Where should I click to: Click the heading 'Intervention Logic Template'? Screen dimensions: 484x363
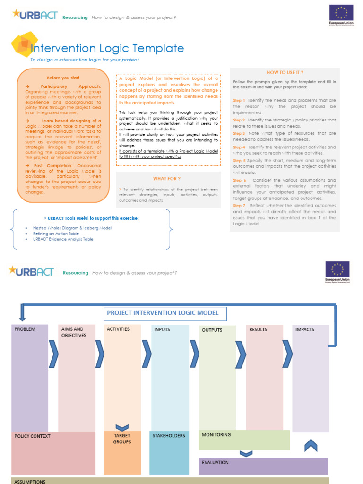[107, 48]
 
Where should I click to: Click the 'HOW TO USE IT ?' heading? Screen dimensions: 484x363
[285, 72]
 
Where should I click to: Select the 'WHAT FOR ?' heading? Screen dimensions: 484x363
[166, 178]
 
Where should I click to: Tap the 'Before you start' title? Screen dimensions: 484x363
[63, 78]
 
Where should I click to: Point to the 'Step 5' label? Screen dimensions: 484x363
[239, 161]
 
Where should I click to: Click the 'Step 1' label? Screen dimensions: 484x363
[239, 100]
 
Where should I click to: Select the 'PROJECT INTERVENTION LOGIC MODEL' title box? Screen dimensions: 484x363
[163, 313]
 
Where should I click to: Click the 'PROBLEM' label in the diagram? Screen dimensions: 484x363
[25, 329]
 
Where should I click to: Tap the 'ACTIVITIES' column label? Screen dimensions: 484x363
[118, 329]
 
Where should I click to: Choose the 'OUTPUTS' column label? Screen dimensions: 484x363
[212, 330]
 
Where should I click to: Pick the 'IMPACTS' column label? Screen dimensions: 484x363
[304, 329]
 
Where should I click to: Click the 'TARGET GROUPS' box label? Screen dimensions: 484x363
[122, 439]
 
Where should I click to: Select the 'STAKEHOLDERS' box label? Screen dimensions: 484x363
[169, 435]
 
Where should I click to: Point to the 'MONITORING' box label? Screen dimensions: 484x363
[216, 434]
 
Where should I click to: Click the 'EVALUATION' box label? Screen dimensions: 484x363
[215, 462]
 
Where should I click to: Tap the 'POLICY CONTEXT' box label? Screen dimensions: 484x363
[32, 436]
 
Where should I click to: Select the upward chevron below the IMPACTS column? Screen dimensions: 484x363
[310, 445]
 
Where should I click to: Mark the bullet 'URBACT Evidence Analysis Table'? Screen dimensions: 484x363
[63, 239]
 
